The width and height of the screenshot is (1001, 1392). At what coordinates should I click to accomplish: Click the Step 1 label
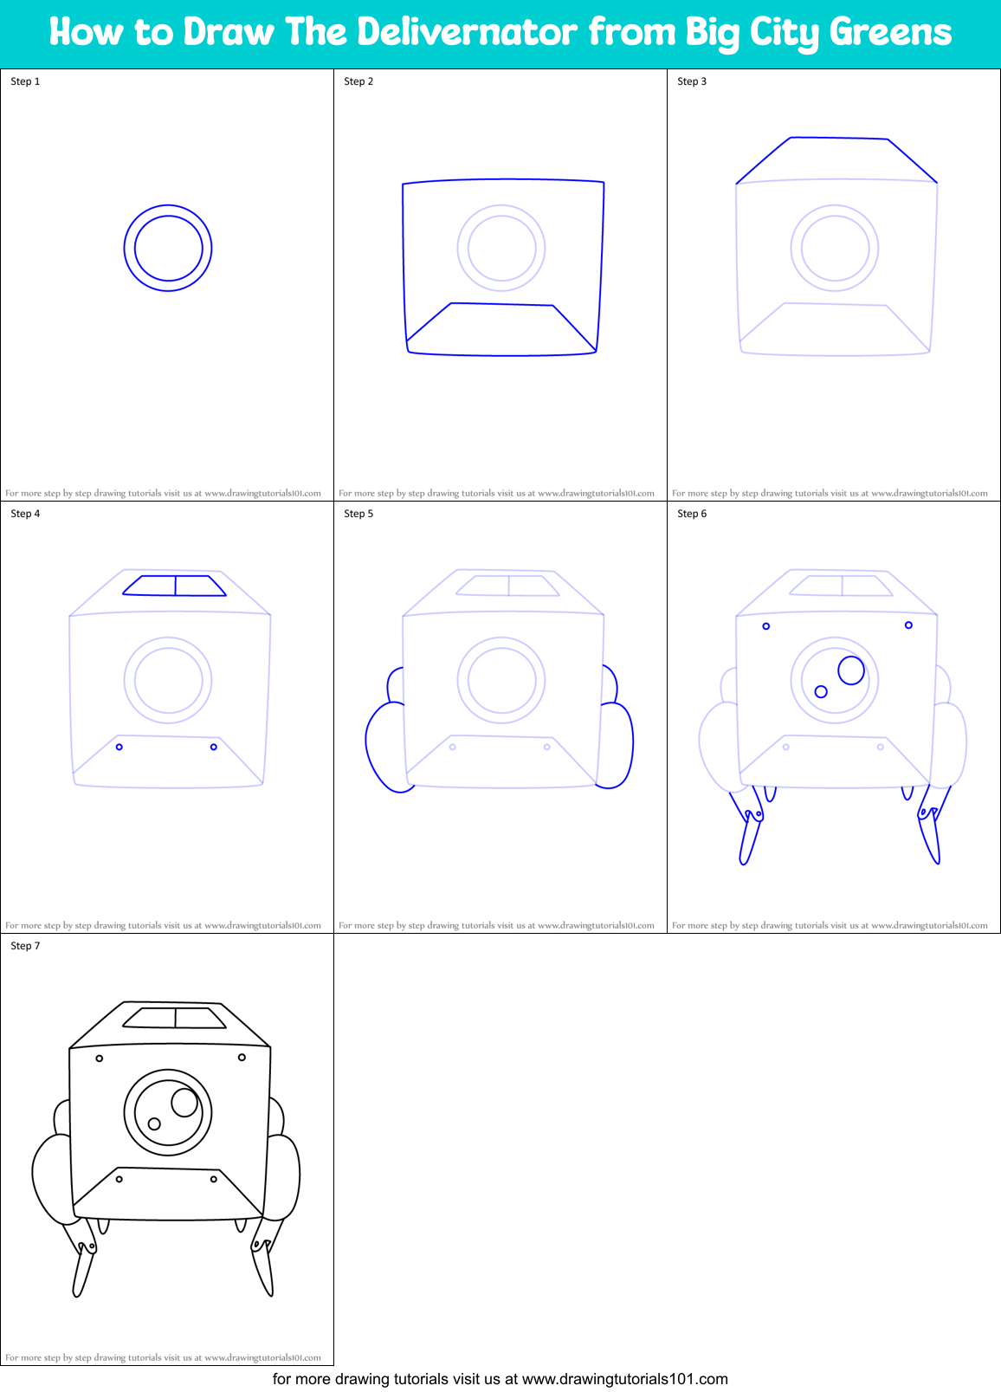click(25, 81)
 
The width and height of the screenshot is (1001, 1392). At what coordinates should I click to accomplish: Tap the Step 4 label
click(25, 514)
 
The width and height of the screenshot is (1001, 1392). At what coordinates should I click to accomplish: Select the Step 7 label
click(25, 946)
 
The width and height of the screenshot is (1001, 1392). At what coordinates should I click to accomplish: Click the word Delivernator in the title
click(467, 32)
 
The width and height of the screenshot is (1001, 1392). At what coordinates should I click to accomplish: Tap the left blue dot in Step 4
click(119, 747)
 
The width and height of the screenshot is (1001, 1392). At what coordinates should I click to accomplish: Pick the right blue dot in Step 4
click(214, 747)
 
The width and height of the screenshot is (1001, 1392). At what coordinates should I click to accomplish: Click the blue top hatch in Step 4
click(175, 586)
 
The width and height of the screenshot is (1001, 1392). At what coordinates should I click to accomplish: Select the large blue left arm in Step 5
click(384, 747)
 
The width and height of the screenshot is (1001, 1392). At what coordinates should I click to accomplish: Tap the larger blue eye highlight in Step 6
click(851, 670)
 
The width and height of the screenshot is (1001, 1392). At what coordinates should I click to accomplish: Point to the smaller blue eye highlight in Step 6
click(821, 691)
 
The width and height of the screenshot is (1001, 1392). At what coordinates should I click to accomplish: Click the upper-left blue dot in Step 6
click(766, 626)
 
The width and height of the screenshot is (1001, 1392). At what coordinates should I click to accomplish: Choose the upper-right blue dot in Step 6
click(908, 625)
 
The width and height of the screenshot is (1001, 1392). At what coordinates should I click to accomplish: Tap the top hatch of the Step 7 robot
click(175, 1018)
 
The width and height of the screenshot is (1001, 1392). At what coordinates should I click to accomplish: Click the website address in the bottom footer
click(624, 1379)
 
